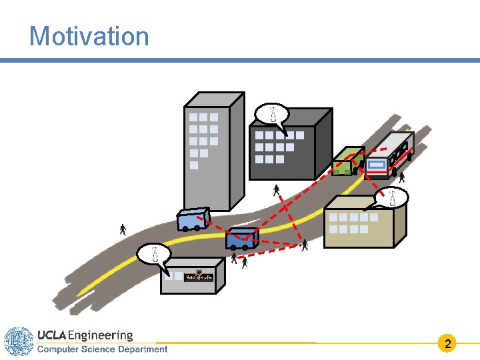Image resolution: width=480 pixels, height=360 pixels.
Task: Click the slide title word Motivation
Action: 89,36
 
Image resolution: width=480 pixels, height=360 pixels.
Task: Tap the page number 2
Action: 448,344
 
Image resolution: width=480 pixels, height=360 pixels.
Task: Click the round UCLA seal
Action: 18,341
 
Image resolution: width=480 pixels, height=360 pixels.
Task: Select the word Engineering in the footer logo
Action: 101,335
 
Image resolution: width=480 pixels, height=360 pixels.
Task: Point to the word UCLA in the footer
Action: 51,335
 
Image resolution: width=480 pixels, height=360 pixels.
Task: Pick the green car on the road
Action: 347,161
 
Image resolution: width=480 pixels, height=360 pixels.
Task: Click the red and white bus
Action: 389,155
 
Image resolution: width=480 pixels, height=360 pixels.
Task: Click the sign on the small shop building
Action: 199,277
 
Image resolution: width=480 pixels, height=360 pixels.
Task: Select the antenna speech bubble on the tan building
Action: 393,197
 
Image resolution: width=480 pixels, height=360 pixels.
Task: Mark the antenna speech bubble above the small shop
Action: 154,254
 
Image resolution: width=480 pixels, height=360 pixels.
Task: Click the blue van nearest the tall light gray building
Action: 193,219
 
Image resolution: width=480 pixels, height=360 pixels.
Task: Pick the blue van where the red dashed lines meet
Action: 241,238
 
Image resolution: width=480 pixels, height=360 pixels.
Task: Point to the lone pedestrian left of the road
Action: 123,230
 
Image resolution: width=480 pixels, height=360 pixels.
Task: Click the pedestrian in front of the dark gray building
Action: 276,191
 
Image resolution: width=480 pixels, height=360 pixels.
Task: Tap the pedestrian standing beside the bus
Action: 401,177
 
